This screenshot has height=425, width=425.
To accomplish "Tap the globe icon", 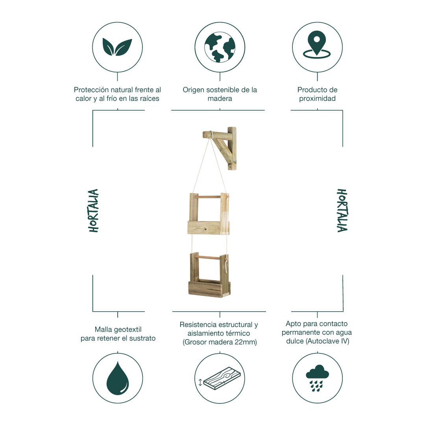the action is (220, 47).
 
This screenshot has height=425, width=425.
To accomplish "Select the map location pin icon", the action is (317, 44).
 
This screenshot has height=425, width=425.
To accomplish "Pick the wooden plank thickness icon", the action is (220, 379).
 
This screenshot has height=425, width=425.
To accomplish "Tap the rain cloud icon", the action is (317, 378).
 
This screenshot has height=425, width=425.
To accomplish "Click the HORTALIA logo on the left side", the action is (93, 211).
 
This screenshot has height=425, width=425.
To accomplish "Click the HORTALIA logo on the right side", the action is (342, 211).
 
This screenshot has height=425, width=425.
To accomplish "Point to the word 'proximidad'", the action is (317, 98).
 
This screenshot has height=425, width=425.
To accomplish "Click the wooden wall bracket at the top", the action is (220, 148).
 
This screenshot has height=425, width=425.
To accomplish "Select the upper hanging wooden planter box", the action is (209, 214).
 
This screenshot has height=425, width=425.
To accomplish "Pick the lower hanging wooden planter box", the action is (209, 275).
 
